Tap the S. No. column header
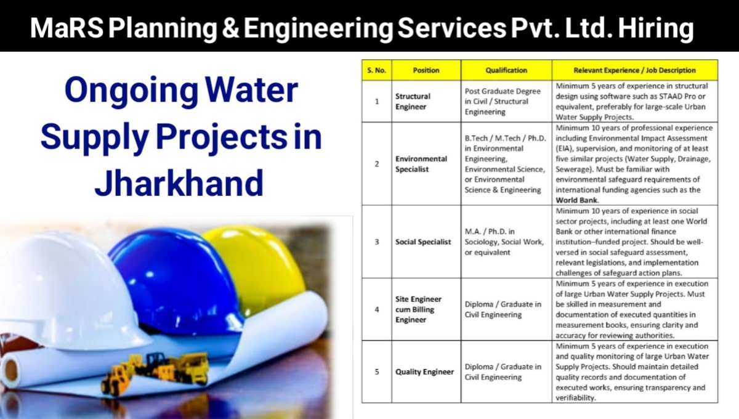click(x=376, y=70)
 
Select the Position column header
click(x=426, y=70)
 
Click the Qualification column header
click(x=506, y=70)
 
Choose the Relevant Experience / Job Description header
click(x=634, y=70)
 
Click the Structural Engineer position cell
click(x=413, y=102)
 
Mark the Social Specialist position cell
click(x=423, y=242)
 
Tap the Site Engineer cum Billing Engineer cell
click(x=419, y=309)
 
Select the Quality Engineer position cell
click(x=424, y=372)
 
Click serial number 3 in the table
click(x=377, y=242)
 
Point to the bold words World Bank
click(x=576, y=200)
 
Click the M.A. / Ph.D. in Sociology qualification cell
click(x=504, y=242)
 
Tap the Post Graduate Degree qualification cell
click(x=503, y=102)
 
